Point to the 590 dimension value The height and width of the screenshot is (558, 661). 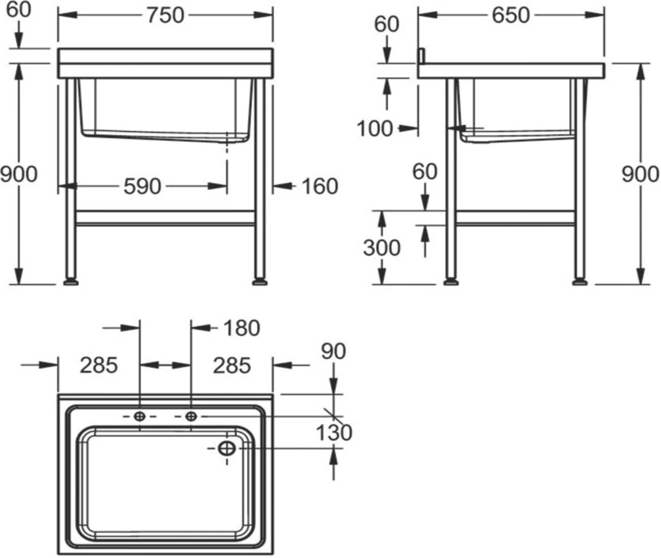[142, 187]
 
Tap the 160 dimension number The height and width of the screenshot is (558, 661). [320, 187]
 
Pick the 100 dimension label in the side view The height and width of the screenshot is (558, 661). [375, 128]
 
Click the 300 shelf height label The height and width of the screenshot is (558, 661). [381, 248]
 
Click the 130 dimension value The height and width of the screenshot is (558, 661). [334, 433]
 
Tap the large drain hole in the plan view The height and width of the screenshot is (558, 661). [227, 448]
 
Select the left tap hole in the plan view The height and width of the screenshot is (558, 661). [140, 416]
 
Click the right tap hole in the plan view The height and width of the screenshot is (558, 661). [191, 416]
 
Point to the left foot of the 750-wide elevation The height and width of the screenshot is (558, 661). [69, 282]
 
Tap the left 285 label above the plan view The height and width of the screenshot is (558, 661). [98, 365]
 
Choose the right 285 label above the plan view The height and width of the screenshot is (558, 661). [231, 365]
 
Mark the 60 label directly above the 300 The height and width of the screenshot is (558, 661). [425, 172]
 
